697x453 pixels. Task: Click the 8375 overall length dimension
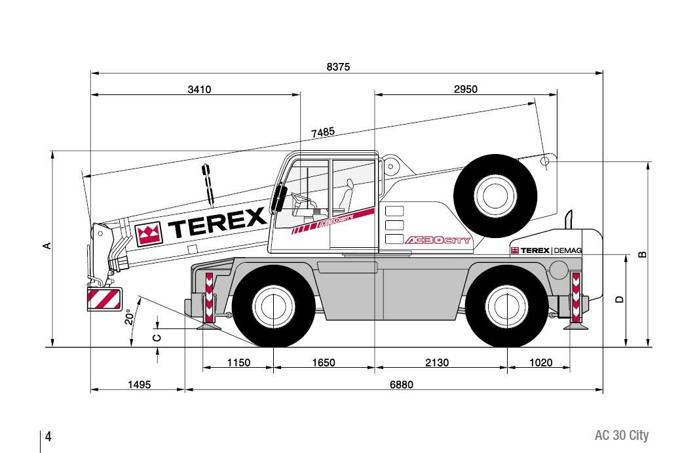(338, 67)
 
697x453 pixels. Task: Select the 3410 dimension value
(199, 89)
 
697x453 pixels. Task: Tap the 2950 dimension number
(465, 89)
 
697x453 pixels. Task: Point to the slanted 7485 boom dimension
(323, 132)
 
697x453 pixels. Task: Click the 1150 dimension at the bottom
(238, 363)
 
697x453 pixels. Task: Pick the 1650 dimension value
(323, 363)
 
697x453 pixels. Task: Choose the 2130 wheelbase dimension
(437, 363)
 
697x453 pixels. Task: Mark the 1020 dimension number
(540, 363)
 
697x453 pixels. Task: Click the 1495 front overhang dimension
(139, 384)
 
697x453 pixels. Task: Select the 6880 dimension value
(402, 384)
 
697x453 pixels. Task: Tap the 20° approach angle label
(129, 317)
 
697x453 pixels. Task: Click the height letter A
(47, 246)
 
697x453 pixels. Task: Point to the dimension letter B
(643, 254)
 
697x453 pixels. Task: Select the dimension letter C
(157, 338)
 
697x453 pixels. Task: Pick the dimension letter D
(619, 300)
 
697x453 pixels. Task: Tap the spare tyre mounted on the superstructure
(495, 196)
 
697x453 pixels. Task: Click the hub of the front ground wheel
(273, 306)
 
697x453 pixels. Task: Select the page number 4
(48, 437)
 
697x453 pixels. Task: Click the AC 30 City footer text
(622, 435)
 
